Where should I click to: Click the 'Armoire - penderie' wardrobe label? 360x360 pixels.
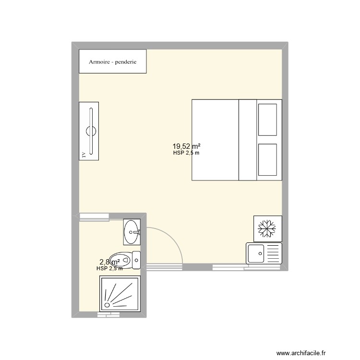[112, 61]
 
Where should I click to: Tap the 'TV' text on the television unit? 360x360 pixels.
[84, 155]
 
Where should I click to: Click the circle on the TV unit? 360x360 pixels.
[91, 130]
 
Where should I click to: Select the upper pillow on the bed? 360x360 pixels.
[267, 120]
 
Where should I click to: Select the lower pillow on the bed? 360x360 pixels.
[267, 160]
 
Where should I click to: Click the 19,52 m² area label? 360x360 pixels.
[186, 146]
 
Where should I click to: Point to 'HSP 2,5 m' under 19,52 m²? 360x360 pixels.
[186, 154]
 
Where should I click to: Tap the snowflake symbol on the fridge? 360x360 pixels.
[266, 228]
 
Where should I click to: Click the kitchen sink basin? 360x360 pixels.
[256, 253]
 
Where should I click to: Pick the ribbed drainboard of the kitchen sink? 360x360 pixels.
[273, 253]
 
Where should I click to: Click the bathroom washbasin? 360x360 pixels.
[132, 232]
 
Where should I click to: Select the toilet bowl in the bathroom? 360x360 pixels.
[120, 260]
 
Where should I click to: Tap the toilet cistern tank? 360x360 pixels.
[136, 260]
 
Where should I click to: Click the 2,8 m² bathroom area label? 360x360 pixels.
[109, 262]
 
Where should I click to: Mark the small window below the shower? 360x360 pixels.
[108, 315]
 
